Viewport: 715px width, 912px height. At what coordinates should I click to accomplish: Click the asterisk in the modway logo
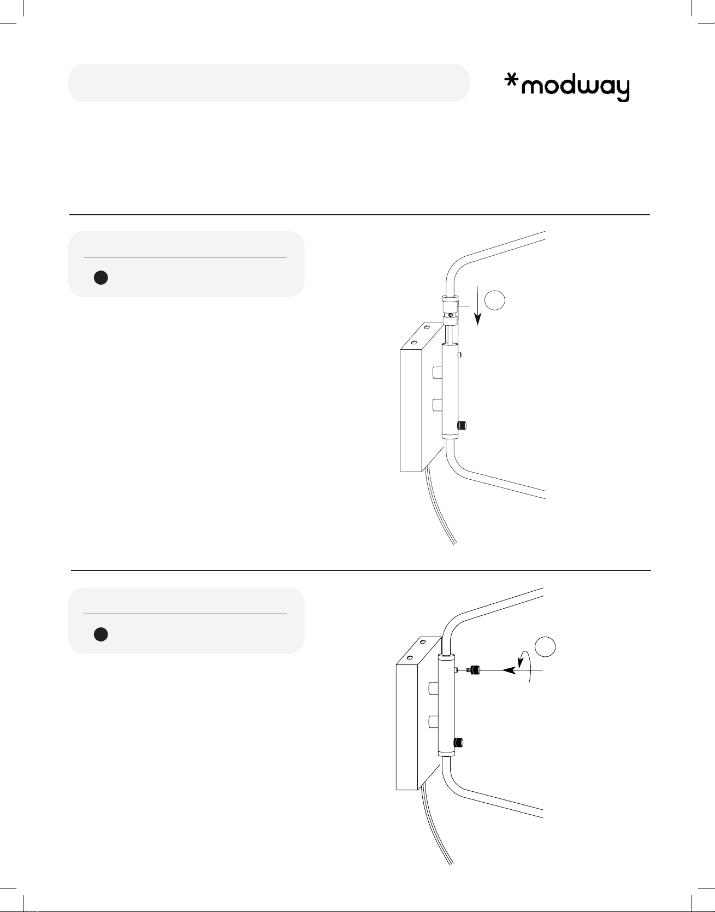click(x=511, y=83)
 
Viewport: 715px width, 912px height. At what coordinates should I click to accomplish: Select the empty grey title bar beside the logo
click(x=269, y=83)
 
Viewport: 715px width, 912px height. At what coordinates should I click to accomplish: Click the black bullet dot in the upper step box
click(x=101, y=278)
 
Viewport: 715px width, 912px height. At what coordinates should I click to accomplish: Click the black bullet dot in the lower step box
click(x=101, y=634)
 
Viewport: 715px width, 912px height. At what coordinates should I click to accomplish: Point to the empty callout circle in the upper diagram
click(x=495, y=301)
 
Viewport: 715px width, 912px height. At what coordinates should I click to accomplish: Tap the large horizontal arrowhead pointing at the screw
click(x=509, y=670)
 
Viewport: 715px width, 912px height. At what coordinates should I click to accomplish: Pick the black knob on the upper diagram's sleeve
click(x=462, y=426)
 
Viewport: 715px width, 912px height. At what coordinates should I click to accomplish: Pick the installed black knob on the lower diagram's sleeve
click(x=458, y=742)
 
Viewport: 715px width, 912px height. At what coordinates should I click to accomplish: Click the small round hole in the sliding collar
click(x=450, y=315)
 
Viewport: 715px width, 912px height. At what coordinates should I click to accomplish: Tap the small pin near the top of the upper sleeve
click(x=460, y=355)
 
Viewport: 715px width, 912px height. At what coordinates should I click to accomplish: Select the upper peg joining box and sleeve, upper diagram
click(x=437, y=373)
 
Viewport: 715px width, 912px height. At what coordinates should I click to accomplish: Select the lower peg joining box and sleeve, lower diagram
click(x=434, y=721)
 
